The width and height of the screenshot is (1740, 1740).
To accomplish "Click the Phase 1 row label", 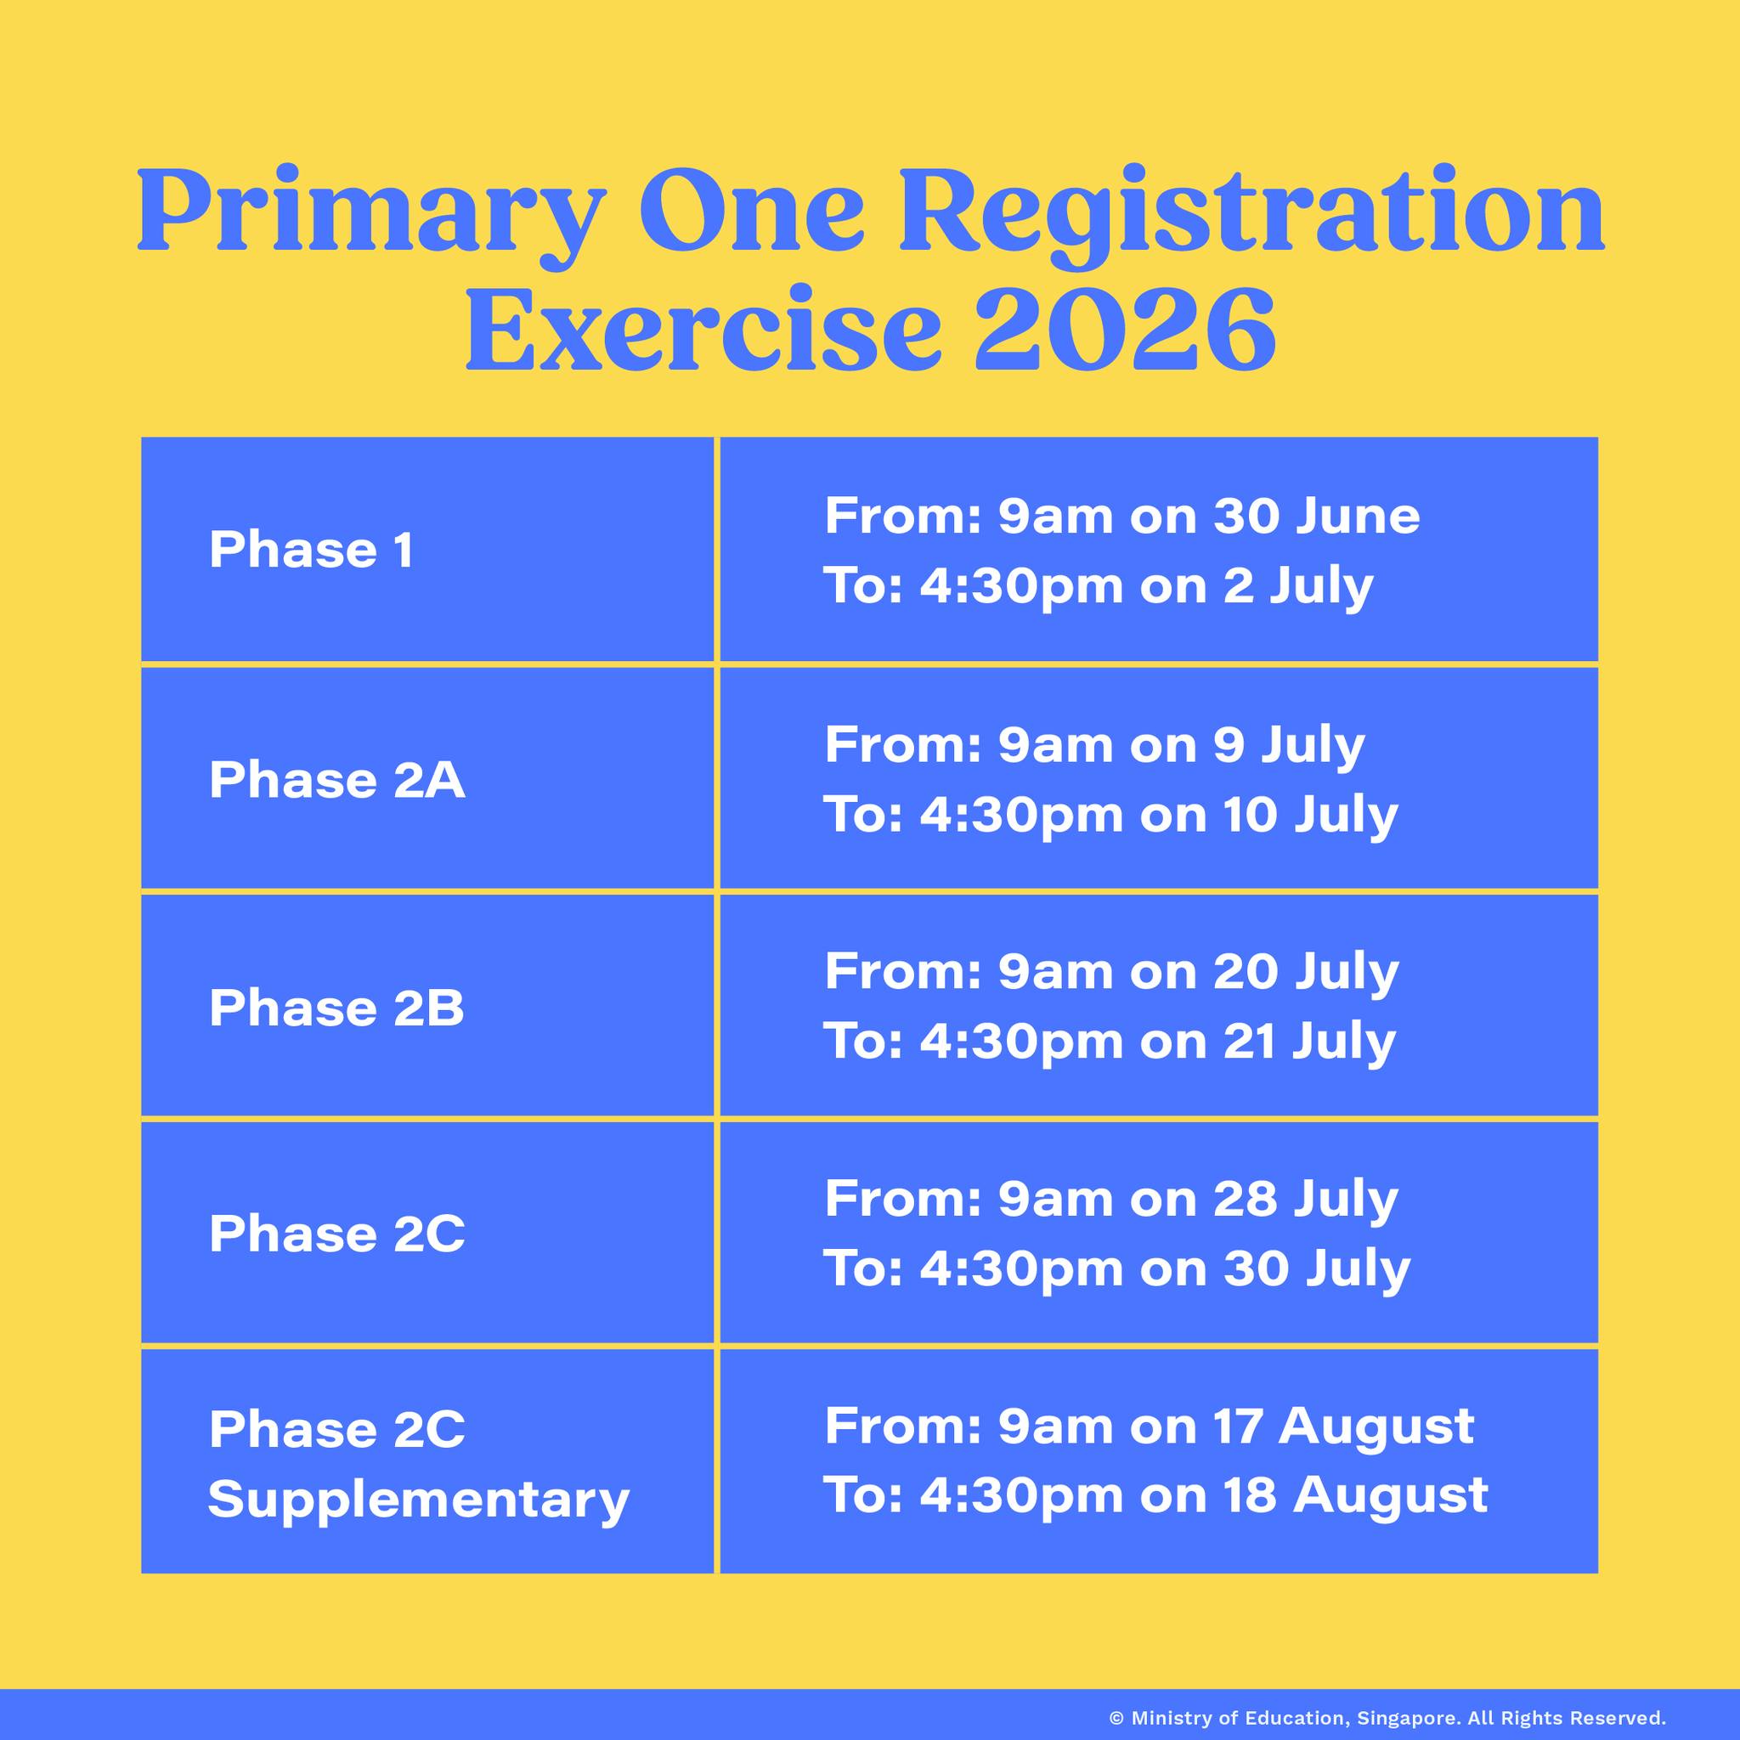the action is (311, 550).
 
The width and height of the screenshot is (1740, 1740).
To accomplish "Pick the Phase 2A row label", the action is (336, 779).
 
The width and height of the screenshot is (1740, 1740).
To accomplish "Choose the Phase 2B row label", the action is (336, 1008).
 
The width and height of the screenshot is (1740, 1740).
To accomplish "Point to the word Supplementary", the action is (418, 1500).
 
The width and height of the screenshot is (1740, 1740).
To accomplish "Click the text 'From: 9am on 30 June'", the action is (1121, 515).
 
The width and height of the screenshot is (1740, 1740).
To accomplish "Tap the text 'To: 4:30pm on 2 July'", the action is (1099, 586).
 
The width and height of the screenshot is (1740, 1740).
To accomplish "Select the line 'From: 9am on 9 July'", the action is (1094, 745).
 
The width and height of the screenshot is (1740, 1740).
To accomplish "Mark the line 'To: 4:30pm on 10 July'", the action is (1110, 814).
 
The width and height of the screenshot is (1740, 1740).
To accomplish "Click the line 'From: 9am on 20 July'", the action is (1111, 972).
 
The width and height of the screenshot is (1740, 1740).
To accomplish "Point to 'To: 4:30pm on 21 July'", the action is (1110, 1041).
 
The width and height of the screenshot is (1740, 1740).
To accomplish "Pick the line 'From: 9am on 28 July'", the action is (1111, 1199).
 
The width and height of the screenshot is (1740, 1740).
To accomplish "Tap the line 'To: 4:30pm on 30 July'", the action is (1116, 1268).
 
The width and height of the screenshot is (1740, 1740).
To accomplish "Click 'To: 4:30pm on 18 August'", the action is (1156, 1497).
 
